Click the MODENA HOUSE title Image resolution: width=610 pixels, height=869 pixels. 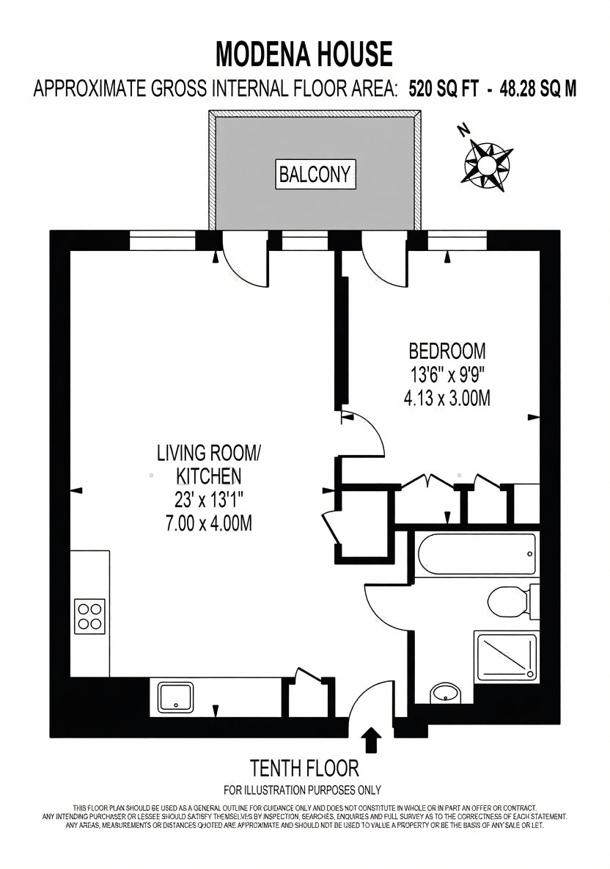pos(304,54)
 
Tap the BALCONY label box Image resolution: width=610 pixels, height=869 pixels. pos(315,175)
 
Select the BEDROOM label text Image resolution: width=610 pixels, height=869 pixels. pos(447,351)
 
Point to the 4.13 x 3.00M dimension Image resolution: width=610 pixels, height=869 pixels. pos(447,398)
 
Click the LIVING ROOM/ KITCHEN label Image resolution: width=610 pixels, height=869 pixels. pos(209,465)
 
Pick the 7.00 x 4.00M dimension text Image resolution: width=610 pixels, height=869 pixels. pos(209,523)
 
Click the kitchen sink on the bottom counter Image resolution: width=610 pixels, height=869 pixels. pos(176,696)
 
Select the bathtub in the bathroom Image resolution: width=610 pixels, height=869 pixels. pos(476,553)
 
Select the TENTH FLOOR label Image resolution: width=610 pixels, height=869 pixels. pos(304,768)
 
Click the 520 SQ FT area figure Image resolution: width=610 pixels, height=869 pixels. pos(444,89)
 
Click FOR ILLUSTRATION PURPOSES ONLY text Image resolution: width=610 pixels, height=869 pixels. pos(302,790)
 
